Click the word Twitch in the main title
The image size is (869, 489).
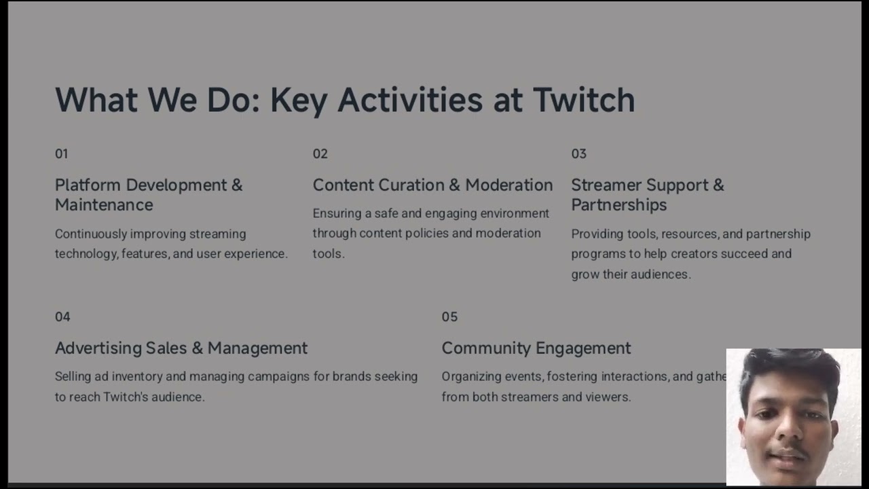click(583, 100)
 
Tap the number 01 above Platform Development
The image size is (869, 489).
click(62, 154)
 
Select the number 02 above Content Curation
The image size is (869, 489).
click(320, 154)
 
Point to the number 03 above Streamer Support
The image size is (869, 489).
click(578, 154)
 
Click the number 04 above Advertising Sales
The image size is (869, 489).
click(62, 317)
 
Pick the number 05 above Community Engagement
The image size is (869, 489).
click(449, 317)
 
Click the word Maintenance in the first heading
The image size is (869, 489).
click(104, 205)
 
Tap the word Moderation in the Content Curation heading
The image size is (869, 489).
click(509, 185)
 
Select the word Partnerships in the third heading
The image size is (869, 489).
click(618, 205)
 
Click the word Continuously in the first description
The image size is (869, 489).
click(90, 234)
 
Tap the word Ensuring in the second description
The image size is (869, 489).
click(337, 214)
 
